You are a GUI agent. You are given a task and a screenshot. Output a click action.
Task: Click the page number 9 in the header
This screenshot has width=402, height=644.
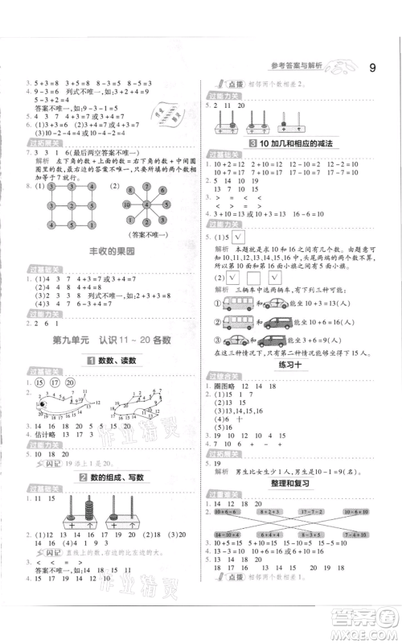pyautogui.click(x=371, y=68)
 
